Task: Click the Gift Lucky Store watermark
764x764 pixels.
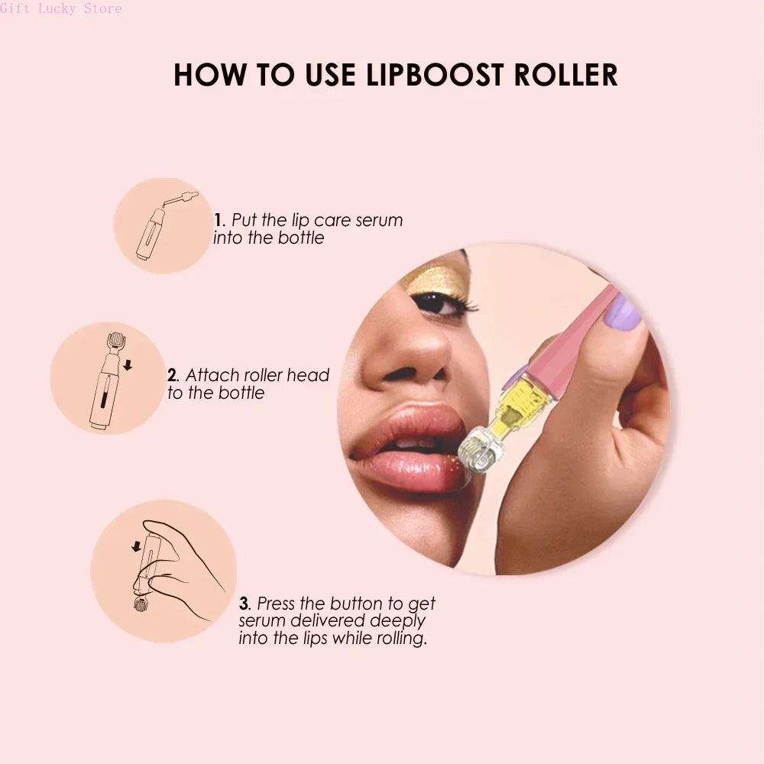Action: point(60,8)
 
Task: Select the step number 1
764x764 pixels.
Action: point(218,220)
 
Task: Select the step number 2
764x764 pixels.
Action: point(173,375)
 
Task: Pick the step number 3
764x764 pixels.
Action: point(244,604)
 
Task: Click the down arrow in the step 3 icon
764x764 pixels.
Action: point(136,545)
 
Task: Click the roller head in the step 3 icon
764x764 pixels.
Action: point(141,606)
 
